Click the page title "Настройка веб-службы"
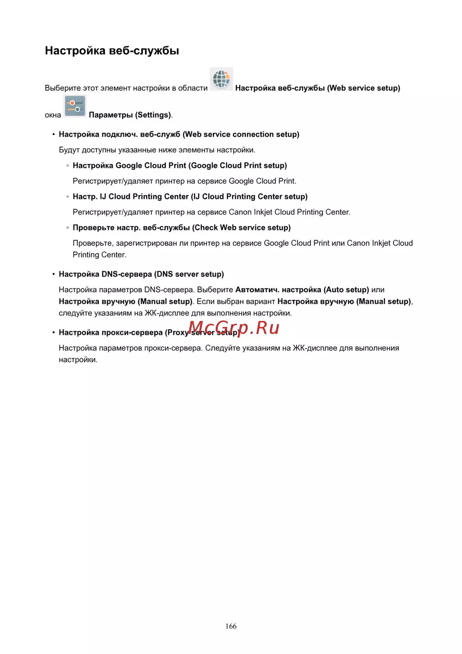click(112, 50)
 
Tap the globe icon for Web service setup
click(221, 79)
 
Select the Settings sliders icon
click(75, 106)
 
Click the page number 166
click(231, 626)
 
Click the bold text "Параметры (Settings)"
click(130, 115)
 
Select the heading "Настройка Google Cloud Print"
click(180, 166)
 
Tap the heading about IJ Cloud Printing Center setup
click(190, 197)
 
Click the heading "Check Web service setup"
click(182, 228)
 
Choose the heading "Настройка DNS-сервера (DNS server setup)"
click(141, 274)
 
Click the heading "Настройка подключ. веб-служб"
click(179, 135)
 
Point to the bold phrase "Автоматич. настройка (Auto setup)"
click(302, 290)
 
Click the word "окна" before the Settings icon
click(53, 115)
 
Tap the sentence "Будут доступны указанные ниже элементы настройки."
click(157, 150)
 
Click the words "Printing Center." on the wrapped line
click(99, 255)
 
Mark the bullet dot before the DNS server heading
click(54, 274)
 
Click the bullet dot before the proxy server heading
click(54, 333)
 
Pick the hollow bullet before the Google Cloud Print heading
click(67, 166)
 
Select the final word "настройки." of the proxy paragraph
click(78, 360)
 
